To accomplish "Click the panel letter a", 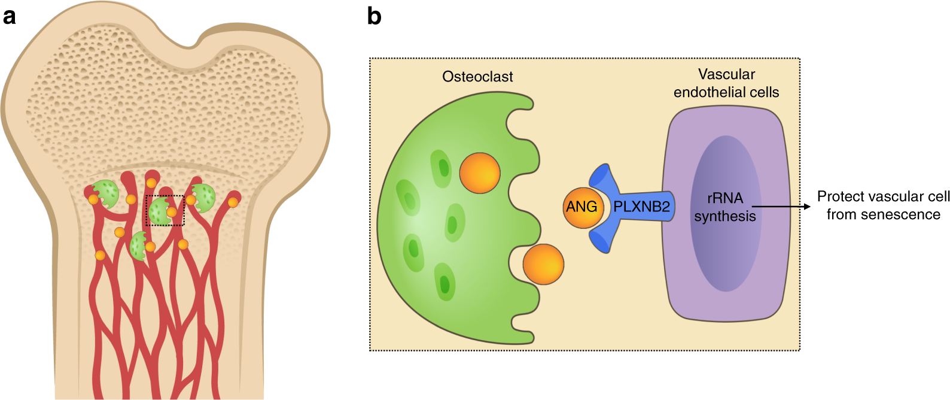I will click(x=9, y=16).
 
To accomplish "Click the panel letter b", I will click(x=374, y=16).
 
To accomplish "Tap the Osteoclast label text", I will click(x=477, y=77).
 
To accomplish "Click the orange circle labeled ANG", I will click(x=581, y=207).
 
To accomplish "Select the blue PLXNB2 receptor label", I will click(x=641, y=207).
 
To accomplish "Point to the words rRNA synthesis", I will click(x=724, y=207).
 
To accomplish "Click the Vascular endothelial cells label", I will click(x=726, y=83).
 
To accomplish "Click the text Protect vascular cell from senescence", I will click(x=883, y=205).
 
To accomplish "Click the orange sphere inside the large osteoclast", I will click(x=480, y=173).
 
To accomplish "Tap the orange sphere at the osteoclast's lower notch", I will click(x=543, y=264).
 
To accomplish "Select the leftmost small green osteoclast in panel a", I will click(x=106, y=193).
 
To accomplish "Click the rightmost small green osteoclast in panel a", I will click(x=203, y=197).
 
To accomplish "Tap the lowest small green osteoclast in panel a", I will click(x=138, y=246).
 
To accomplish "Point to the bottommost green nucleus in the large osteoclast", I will click(x=444, y=281).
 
